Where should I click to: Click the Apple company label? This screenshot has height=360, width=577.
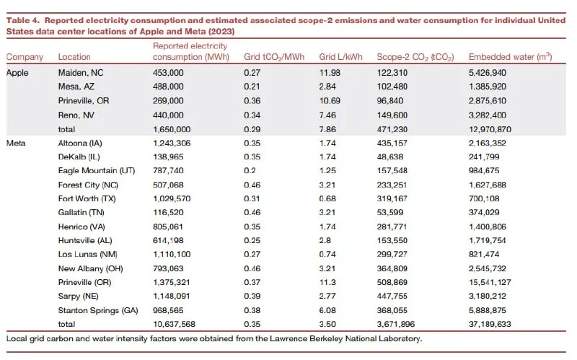tap(17, 73)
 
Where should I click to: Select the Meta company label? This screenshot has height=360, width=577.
tap(16, 143)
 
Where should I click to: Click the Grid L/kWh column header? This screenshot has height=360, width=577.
tap(340, 57)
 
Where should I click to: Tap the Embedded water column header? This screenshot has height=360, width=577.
tap(511, 57)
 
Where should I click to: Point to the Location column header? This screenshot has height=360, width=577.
tap(74, 57)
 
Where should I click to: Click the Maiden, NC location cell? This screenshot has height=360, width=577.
tap(81, 73)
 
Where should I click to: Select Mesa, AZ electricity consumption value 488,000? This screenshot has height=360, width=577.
tap(168, 87)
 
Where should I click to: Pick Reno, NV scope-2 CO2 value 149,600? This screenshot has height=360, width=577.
tap(392, 115)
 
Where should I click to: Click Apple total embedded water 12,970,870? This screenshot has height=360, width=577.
tap(490, 130)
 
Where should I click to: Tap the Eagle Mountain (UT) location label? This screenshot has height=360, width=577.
tap(97, 171)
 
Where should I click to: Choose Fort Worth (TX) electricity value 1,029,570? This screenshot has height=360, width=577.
tap(172, 199)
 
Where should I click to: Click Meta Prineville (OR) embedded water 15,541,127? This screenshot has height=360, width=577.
tap(490, 282)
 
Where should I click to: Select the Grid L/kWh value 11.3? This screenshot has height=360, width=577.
tap(327, 282)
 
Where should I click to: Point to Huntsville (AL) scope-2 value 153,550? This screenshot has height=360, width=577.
tap(392, 241)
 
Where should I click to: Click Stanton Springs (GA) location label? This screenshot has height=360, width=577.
tap(98, 311)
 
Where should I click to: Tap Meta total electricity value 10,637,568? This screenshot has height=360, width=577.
tap(174, 325)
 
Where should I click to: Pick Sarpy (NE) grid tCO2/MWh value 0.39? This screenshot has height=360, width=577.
tap(252, 297)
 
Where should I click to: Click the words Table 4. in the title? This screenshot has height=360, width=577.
tap(23, 21)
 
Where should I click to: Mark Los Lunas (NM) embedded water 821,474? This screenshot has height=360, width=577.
tap(484, 255)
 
